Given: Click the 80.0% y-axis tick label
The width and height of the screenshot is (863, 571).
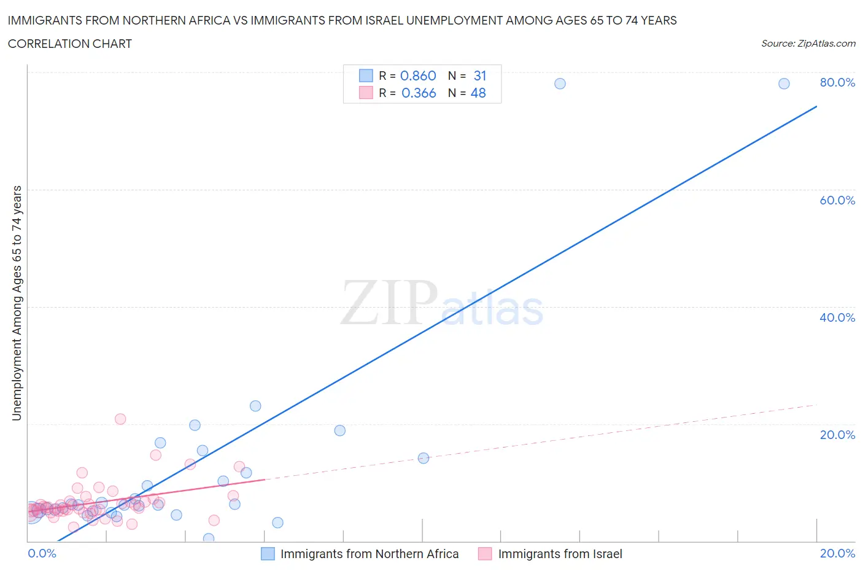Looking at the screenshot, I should tap(837, 82).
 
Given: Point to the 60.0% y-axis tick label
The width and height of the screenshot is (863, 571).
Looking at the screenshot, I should tap(837, 200).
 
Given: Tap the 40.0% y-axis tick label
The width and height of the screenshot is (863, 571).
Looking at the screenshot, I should tap(837, 317).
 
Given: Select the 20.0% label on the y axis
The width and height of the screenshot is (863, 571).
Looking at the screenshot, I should tap(837, 435).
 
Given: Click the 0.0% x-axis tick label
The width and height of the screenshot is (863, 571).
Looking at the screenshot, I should tap(42, 553).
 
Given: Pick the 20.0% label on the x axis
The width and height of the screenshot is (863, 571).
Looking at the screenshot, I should tap(837, 553).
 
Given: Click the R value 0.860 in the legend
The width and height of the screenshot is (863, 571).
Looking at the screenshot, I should tap(418, 76).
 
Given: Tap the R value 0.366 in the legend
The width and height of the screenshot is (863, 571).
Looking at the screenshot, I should tap(419, 93).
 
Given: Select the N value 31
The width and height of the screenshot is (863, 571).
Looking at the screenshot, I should tap(480, 76).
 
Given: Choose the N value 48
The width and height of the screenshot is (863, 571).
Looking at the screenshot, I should tap(478, 93).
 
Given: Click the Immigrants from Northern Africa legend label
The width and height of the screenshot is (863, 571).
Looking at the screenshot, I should tap(370, 554).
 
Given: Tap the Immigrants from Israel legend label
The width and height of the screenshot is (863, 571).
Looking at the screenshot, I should tap(560, 554).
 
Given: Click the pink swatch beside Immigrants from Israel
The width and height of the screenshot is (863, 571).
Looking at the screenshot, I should tap(485, 554).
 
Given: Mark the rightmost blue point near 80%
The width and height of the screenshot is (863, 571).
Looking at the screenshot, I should tap(784, 84).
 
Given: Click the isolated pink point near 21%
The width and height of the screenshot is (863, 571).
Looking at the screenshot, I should tap(120, 419).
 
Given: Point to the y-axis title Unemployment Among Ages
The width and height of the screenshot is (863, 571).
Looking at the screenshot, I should tap(17, 303).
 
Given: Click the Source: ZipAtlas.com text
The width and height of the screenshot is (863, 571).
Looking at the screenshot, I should tap(808, 44).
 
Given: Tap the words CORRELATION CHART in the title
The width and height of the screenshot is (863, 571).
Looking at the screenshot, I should tap(70, 44).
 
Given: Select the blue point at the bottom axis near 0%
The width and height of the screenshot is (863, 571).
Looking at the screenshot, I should tap(209, 538).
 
